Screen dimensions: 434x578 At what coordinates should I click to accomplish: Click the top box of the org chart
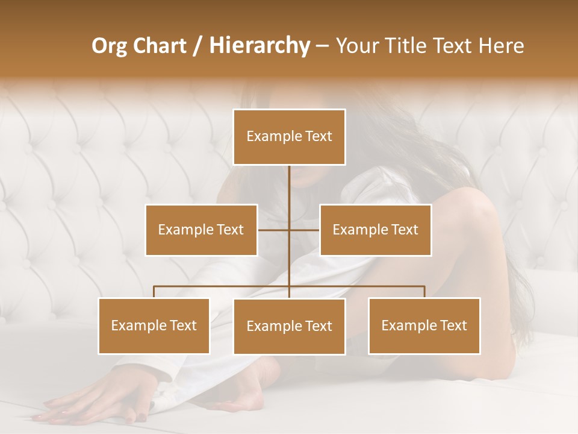(x=289, y=137)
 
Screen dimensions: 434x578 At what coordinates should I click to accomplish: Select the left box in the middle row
(x=201, y=230)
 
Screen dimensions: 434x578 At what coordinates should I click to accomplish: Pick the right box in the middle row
(x=375, y=230)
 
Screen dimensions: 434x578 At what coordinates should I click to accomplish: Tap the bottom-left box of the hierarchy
(x=154, y=325)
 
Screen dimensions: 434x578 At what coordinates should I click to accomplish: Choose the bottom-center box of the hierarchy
(x=289, y=326)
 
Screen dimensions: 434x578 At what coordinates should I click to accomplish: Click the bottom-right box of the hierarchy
(x=424, y=325)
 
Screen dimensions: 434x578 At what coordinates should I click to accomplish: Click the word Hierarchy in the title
(x=259, y=46)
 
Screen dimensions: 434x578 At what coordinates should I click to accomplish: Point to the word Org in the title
(x=110, y=46)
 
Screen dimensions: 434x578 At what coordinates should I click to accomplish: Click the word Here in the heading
(x=501, y=46)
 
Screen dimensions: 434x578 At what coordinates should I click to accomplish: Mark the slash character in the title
(x=197, y=46)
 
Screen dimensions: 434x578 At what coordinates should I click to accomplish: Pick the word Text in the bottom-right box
(x=453, y=325)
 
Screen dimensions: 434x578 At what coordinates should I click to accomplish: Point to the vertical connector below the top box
(x=289, y=187)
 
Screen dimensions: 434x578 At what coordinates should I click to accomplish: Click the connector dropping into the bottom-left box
(x=154, y=292)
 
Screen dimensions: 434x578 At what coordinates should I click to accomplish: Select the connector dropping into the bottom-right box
(x=424, y=292)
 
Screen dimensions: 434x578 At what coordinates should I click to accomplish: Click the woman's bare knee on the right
(x=476, y=205)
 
